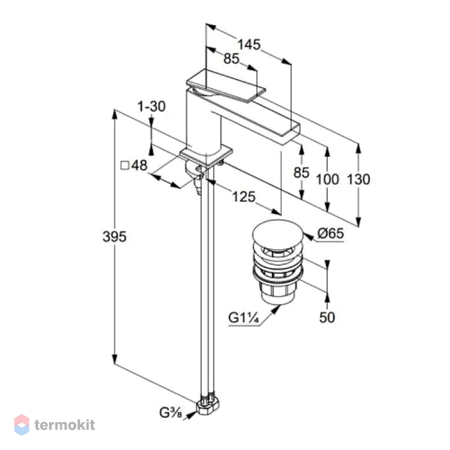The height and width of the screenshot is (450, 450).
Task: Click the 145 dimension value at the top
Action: point(249,44)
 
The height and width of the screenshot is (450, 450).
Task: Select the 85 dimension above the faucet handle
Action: point(231,58)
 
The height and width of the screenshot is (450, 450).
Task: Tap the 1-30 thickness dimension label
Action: point(151,106)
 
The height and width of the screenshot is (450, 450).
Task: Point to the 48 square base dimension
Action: point(139,165)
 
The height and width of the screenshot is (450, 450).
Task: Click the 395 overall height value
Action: point(115,237)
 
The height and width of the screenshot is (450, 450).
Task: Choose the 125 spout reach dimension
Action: point(244,197)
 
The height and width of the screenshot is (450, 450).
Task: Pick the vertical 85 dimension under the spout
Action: point(301,173)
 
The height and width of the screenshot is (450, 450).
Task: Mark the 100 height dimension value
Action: point(327,179)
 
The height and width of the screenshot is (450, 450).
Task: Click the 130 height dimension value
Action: point(358,179)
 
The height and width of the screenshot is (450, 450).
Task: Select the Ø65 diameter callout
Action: point(331,233)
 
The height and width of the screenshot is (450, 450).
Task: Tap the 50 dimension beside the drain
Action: point(327,317)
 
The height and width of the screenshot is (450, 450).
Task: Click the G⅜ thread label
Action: point(171,413)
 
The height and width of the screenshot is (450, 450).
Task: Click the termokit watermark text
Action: point(65,425)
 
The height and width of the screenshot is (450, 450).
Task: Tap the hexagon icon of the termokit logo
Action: point(21,425)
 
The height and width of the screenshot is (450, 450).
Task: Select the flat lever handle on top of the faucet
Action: point(226,86)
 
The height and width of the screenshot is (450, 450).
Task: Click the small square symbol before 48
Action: point(125,165)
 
